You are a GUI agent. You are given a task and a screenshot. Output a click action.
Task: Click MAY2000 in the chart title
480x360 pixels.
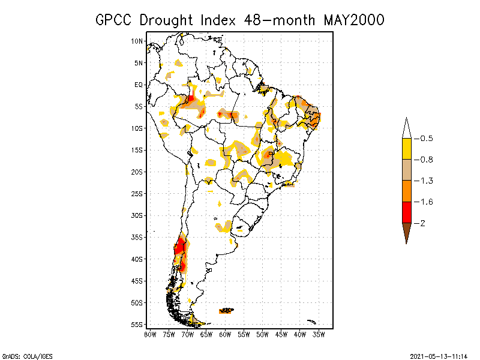(354, 20)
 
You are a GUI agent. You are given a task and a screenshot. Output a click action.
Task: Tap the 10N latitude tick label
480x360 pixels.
(137, 41)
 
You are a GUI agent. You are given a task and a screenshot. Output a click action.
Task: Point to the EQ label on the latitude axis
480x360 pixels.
(139, 85)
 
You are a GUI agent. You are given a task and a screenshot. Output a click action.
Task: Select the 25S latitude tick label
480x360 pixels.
(137, 193)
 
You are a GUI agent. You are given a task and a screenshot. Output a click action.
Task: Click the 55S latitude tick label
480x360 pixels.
(137, 324)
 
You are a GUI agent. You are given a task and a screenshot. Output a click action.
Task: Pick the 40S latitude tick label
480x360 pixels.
(137, 259)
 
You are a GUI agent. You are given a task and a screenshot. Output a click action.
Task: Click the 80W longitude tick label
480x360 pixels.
(150, 334)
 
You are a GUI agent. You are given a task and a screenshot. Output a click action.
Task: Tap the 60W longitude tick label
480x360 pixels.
(225, 334)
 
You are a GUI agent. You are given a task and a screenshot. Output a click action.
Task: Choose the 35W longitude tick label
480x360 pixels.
(319, 334)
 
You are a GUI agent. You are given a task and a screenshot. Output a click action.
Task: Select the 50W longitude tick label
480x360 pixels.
(263, 334)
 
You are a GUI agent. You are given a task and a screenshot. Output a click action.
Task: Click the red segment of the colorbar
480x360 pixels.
(406, 212)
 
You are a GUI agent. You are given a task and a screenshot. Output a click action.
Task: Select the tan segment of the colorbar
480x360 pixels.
(406, 170)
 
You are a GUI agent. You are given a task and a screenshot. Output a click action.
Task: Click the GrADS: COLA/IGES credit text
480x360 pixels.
(20, 356)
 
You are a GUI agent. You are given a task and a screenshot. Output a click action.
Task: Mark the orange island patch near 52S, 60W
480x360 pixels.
(226, 310)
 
